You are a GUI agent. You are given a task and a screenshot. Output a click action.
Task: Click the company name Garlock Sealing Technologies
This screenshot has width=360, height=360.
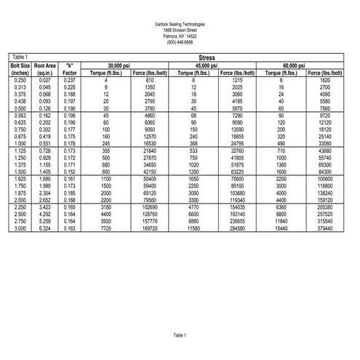(x=180, y=23)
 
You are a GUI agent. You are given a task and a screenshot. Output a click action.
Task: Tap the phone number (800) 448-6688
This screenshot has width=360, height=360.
(x=180, y=41)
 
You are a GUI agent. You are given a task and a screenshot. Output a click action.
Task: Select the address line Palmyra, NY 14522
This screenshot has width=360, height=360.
(x=180, y=36)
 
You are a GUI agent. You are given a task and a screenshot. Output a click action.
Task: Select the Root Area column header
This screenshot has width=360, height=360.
(x=45, y=65)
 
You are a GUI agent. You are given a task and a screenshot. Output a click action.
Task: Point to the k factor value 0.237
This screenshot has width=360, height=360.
(x=70, y=79)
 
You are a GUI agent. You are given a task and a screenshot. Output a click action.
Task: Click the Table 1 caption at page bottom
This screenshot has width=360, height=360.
(x=180, y=335)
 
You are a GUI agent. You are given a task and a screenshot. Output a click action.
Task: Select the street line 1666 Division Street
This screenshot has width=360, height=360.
(x=180, y=29)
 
